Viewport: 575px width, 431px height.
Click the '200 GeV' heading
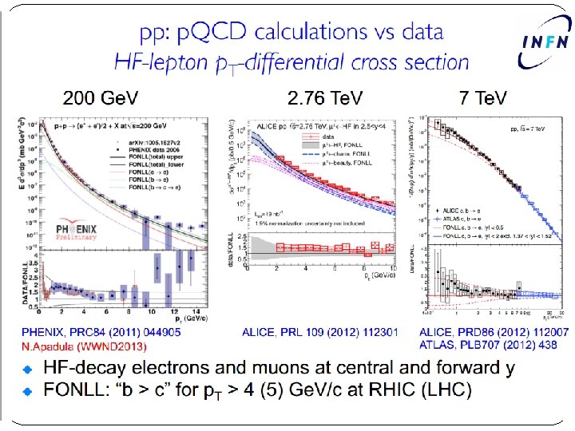tap(101, 98)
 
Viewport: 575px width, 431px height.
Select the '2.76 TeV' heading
tap(325, 98)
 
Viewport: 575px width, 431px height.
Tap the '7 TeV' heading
tap(483, 98)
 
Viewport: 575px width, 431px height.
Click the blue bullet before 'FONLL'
tap(27, 391)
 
